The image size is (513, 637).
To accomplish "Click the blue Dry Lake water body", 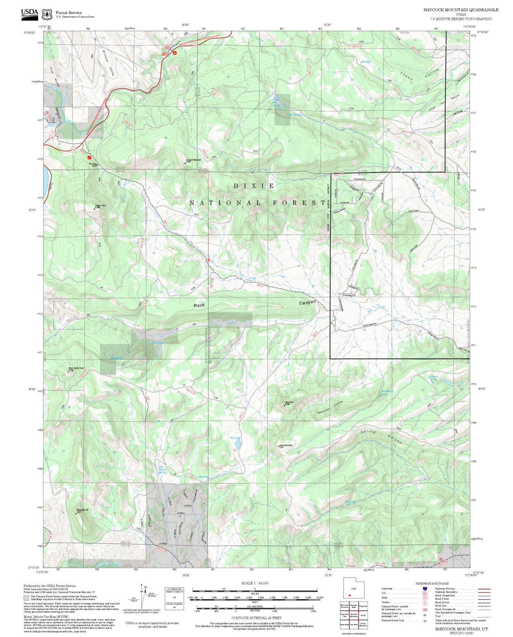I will (237, 444).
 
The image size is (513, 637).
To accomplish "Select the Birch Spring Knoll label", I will (76, 369).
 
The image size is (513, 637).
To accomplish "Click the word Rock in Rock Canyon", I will (199, 305).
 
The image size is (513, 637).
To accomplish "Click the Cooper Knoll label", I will (100, 206).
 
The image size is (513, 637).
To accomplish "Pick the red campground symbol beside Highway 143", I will (174, 53).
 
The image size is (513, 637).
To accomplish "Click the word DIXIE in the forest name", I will (254, 186).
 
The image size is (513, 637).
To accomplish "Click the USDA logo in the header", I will (30, 14).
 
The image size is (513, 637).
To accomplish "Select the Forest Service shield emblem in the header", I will (47, 14).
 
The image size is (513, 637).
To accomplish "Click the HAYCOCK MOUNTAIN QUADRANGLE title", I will (460, 10).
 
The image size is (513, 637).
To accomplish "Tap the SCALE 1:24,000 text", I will (255, 583).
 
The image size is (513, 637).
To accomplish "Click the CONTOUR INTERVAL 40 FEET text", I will (256, 618).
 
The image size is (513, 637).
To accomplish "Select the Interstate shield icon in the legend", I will (425, 588).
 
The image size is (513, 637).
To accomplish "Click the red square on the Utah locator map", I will (350, 595).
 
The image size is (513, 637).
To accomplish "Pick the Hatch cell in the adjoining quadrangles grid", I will (363, 615).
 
